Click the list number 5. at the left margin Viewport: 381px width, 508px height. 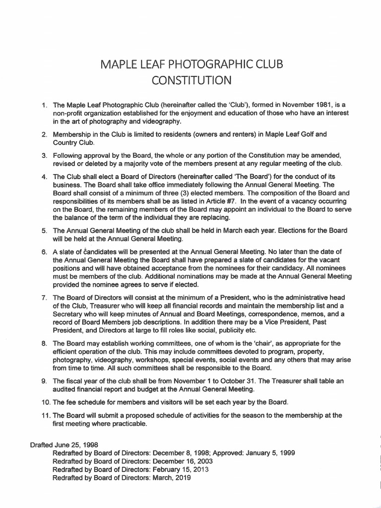point(44,230)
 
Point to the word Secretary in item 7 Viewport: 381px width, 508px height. point(68,314)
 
